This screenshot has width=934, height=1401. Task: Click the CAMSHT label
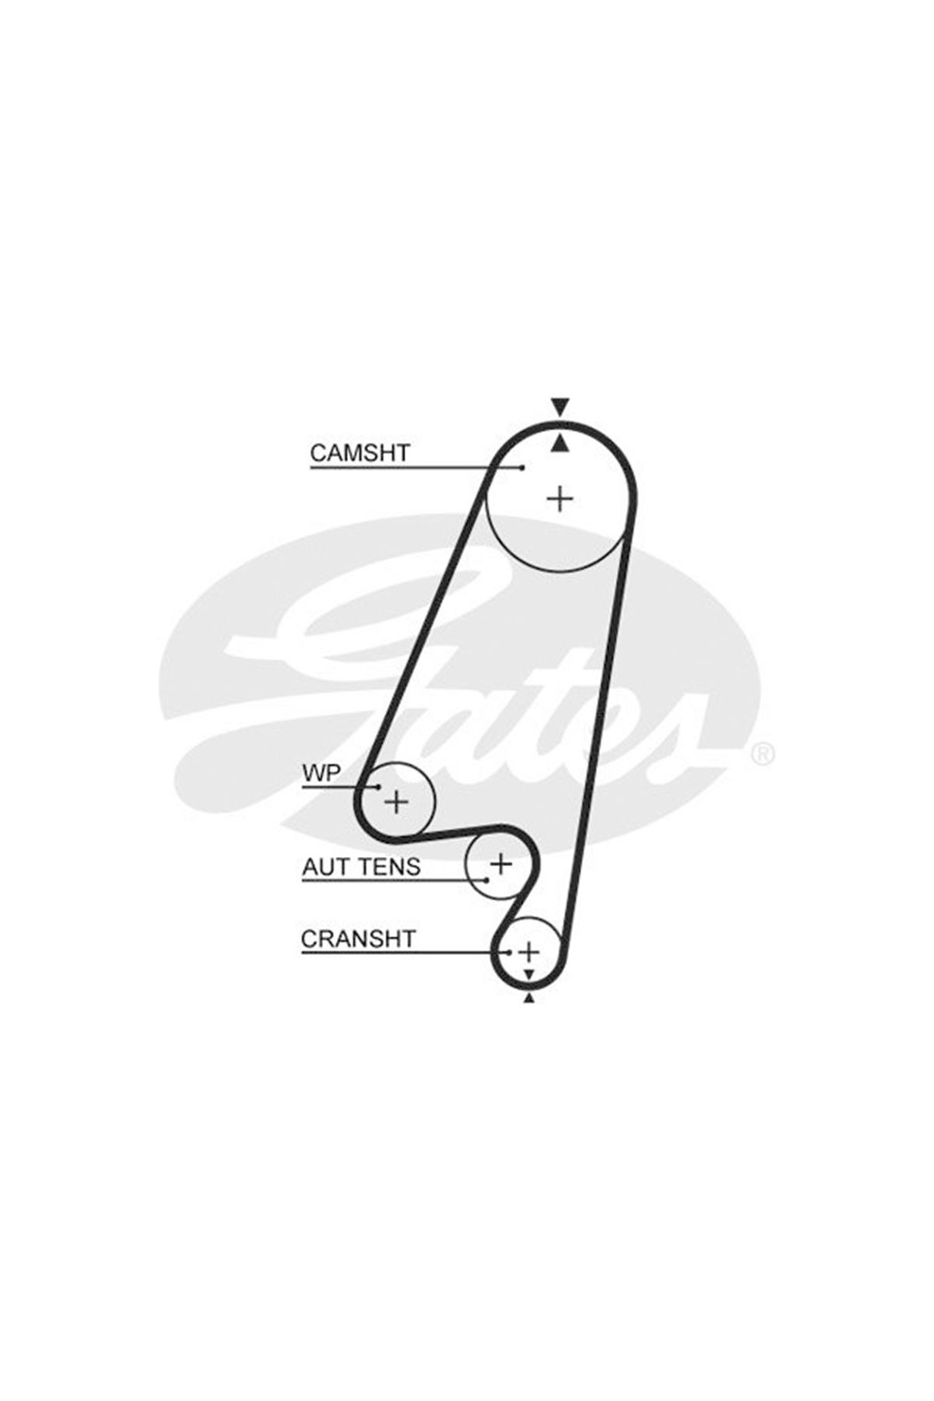pos(360,452)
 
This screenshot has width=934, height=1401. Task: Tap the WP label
pos(321,773)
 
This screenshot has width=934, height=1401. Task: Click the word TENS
pos(389,866)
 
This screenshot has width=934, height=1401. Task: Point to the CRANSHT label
pos(359,939)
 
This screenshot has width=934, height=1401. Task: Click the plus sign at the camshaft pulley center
pos(560,497)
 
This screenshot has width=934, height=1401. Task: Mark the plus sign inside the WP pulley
pos(397,800)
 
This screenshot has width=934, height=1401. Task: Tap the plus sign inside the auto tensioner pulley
pos(501,863)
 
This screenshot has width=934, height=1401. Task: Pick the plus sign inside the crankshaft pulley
pos(529,951)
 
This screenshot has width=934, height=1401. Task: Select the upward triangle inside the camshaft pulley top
pos(560,443)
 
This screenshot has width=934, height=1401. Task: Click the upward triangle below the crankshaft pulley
pos(529,998)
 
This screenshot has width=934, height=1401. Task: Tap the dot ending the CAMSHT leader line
pos(522,467)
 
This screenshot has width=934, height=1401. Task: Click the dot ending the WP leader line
pos(379,787)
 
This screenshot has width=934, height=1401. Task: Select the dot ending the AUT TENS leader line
pos(486,880)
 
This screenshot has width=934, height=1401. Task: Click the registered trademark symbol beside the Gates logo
pos(762,753)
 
